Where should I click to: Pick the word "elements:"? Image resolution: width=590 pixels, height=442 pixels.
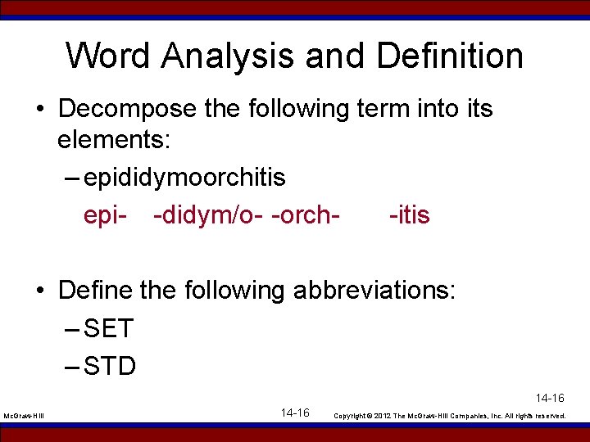coord(113,141)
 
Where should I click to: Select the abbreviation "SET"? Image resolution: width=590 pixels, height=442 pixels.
coord(108,328)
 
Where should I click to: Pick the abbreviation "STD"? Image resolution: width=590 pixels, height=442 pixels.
coord(110,365)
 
